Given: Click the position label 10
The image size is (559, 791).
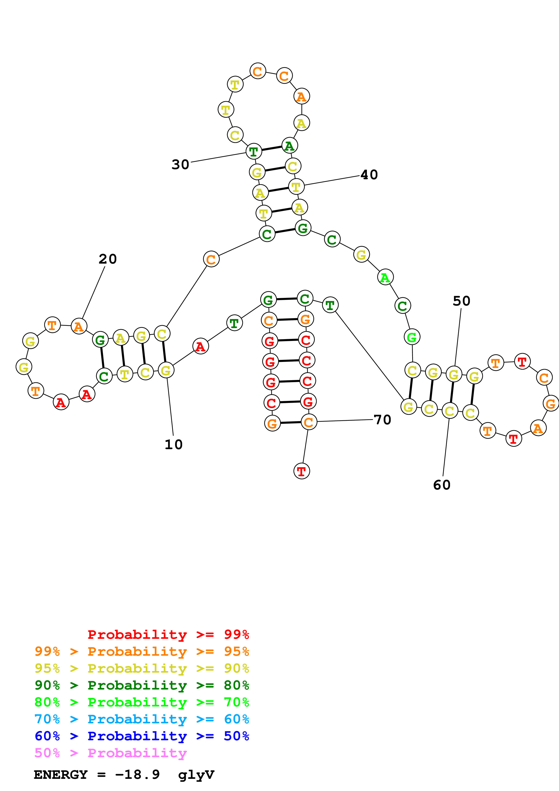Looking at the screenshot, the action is [x=174, y=445].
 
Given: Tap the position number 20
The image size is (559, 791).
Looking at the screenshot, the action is [x=108, y=259].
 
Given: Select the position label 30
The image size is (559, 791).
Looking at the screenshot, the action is [x=180, y=165].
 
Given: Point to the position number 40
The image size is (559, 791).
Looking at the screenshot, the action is [x=369, y=175].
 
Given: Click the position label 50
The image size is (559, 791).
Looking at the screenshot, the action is [x=462, y=301].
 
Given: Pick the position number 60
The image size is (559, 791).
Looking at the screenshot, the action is [x=442, y=485].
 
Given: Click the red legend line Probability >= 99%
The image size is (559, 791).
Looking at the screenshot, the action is [x=168, y=635].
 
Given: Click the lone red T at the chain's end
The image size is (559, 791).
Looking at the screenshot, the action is [x=302, y=471].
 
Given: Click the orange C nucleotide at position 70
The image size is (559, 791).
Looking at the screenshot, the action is [x=309, y=422].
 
